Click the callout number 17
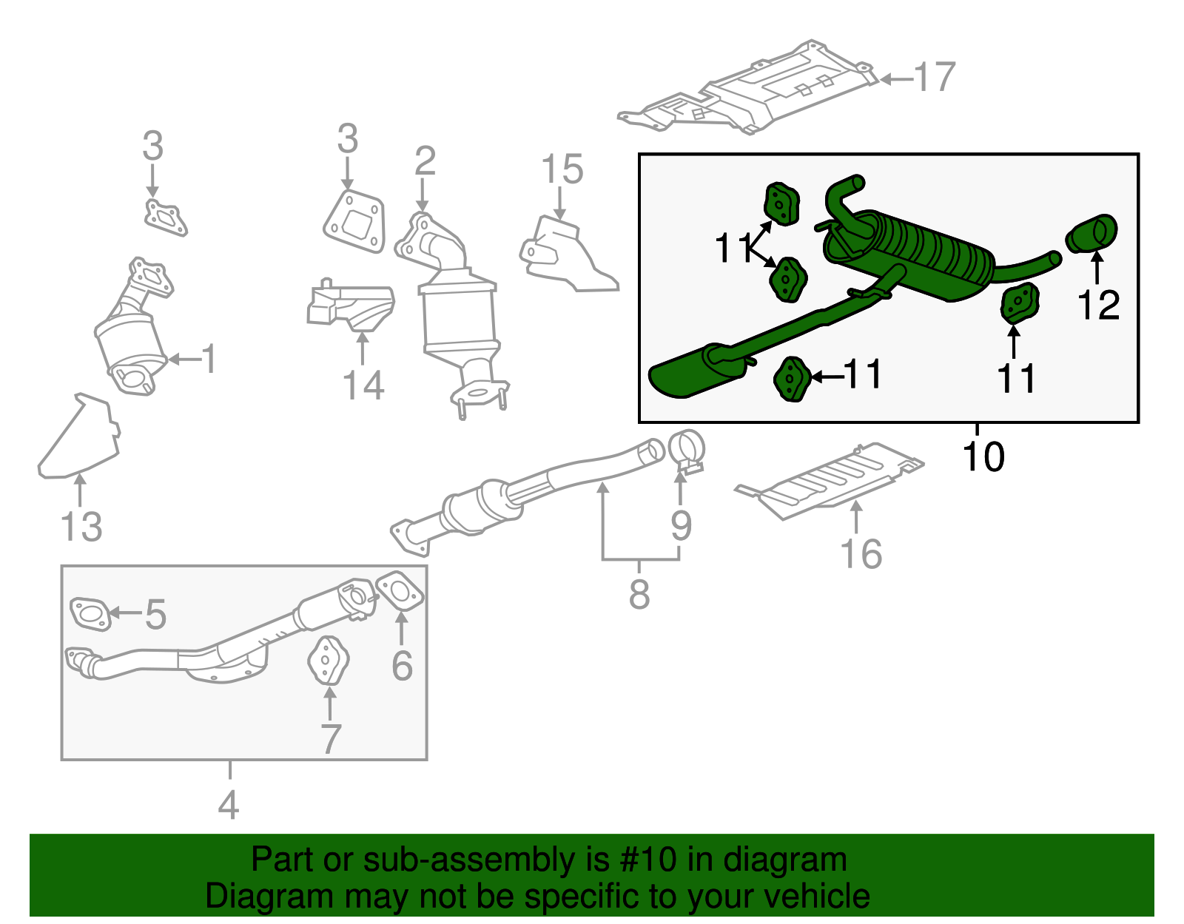tap(935, 78)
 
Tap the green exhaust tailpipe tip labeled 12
tap(1091, 235)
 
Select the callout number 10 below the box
tap(983, 456)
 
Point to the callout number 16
tap(861, 554)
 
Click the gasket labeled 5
tap(91, 614)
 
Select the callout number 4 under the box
tap(229, 805)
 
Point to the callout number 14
tap(363, 385)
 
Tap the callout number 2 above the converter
tap(425, 161)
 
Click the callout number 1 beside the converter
tap(209, 360)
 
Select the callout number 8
tap(639, 593)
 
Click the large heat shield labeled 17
tap(762, 92)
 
